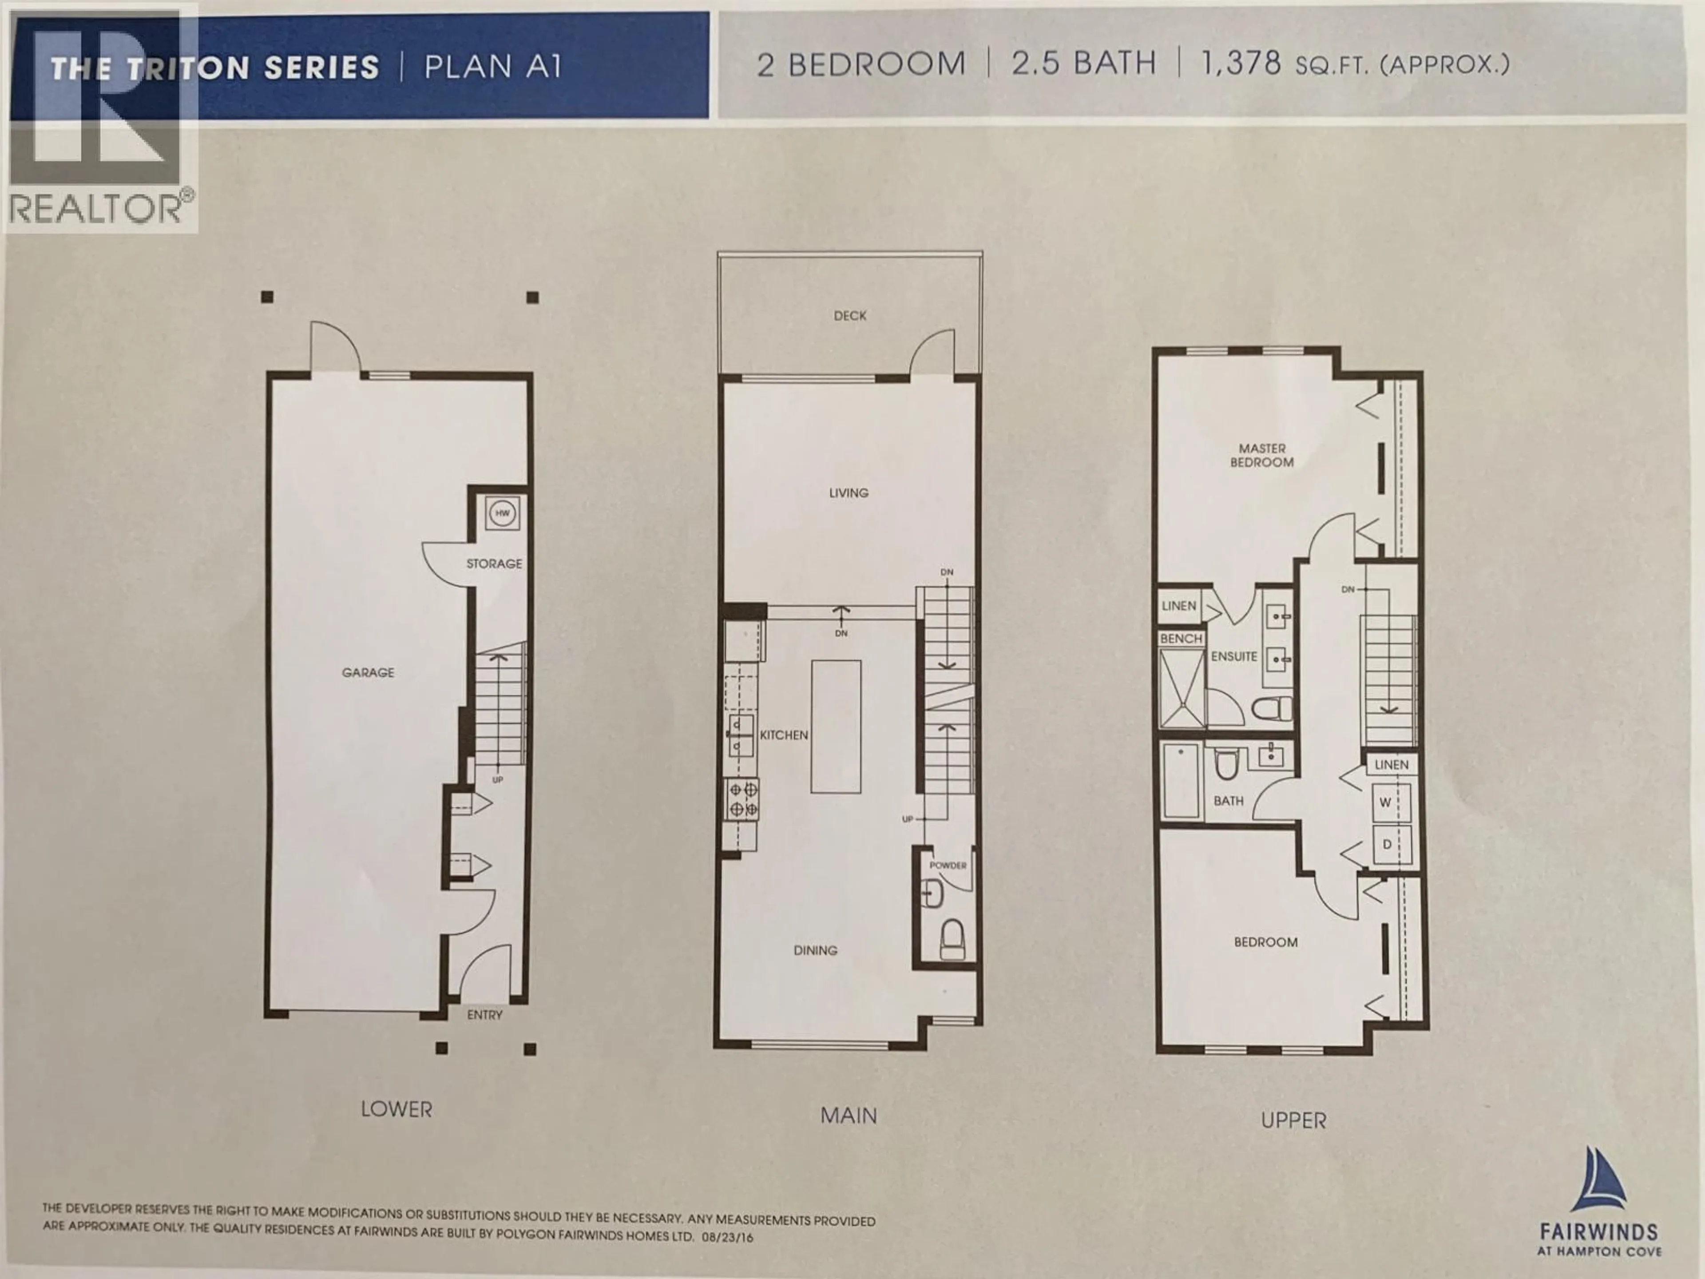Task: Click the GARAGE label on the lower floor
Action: pos(368,672)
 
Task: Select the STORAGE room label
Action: pos(494,564)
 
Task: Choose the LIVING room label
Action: pos(849,493)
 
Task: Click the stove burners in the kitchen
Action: pos(743,798)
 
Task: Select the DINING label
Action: pos(816,950)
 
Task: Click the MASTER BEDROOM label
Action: pos(1262,455)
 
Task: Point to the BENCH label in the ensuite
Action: pos(1181,638)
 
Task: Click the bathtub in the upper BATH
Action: pos(1181,780)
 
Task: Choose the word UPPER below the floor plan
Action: pos(1293,1120)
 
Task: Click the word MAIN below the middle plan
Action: pos(849,1116)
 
